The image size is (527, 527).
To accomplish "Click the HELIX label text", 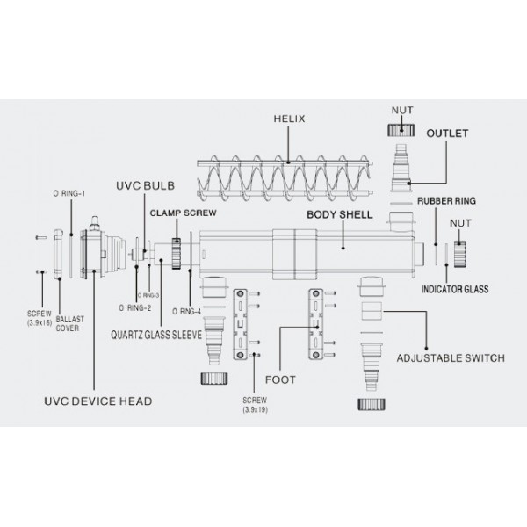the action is (x=289, y=119).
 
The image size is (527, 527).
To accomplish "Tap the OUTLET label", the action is (x=447, y=134).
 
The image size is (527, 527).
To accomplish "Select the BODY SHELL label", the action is (x=339, y=215).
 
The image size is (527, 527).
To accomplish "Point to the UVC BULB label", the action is (x=145, y=186).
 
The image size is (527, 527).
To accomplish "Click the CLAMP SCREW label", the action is (x=184, y=213).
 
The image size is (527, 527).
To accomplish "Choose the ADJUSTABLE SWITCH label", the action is (x=451, y=358).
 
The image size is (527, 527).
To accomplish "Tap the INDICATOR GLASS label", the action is (x=455, y=289).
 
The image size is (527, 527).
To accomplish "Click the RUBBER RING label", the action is (x=446, y=201).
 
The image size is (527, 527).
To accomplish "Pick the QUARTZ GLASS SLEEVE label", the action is (x=156, y=335).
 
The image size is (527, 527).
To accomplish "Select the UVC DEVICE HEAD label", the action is (x=98, y=401).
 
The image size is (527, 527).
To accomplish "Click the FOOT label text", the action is (x=280, y=379).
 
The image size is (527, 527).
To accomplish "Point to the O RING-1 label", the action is (x=69, y=193).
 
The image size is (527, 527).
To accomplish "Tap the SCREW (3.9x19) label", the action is (x=255, y=405).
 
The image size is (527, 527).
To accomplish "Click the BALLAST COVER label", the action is (x=69, y=323).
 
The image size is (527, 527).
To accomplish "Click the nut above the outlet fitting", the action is (x=401, y=130).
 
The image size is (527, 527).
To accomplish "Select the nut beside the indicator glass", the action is (x=459, y=254).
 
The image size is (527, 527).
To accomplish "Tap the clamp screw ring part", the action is (x=177, y=254).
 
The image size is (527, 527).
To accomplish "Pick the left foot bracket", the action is (x=241, y=324).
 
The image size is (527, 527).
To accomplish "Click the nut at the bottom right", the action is (x=372, y=404).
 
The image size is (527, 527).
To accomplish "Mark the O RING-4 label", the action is (x=186, y=312).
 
